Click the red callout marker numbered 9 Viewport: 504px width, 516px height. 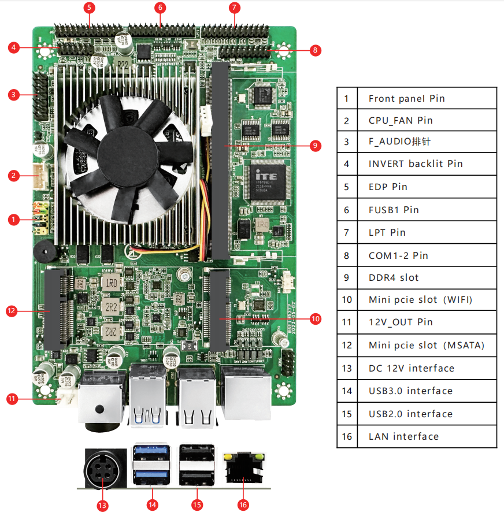tap(315, 146)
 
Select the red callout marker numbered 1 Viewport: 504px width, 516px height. tap(13, 219)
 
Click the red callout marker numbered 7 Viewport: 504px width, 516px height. tap(234, 8)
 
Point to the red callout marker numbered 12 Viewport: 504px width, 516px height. tap(11, 311)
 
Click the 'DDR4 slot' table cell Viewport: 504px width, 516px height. tap(427, 277)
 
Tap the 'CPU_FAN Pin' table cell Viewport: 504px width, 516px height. tap(427, 120)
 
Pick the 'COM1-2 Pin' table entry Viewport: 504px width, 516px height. tap(427, 255)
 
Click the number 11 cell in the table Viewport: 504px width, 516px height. tap(347, 322)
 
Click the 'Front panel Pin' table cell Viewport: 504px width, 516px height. tap(427, 98)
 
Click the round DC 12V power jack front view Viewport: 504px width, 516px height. tap(104, 467)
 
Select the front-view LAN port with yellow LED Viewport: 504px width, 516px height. tap(243, 467)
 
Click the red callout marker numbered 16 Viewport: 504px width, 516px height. tap(243, 504)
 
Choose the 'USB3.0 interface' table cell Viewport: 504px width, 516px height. tap(427, 391)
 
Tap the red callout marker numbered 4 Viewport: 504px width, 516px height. tap(13, 47)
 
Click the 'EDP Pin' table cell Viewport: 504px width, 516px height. tap(427, 187)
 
